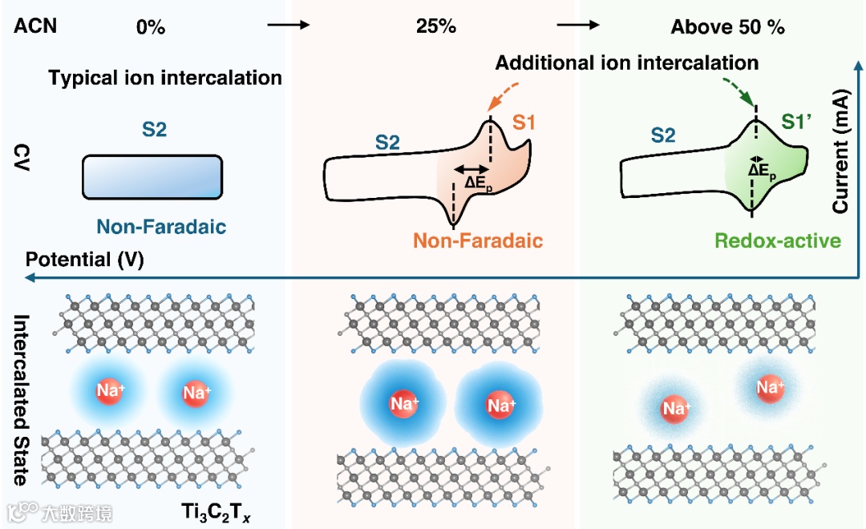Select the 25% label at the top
(x=436, y=26)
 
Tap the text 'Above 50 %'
(x=727, y=26)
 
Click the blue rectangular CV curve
(x=152, y=176)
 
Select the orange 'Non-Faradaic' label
(x=478, y=240)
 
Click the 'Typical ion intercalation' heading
(x=165, y=78)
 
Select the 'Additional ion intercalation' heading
(x=626, y=62)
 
